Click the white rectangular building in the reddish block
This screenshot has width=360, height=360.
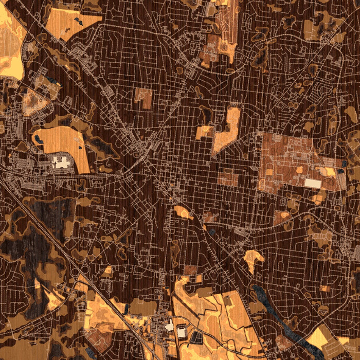pyautogui.click(x=312, y=183)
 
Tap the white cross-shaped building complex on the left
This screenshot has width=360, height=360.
pyautogui.click(x=61, y=164)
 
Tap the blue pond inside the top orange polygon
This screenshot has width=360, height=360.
pyautogui.click(x=77, y=21)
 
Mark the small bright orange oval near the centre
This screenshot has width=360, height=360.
pyautogui.click(x=183, y=211)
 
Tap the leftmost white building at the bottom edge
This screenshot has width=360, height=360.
pyautogui.click(x=170, y=326)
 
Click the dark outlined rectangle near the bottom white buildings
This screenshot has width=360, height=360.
pyautogui.click(x=197, y=337)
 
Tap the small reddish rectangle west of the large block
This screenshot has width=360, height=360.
pyautogui.click(x=228, y=178)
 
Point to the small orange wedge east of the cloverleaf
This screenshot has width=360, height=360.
pyautogui.click(x=108, y=269)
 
